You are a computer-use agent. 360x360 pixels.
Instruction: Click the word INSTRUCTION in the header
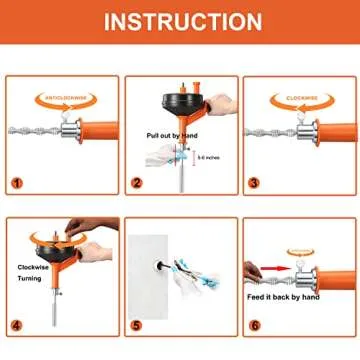(180, 21)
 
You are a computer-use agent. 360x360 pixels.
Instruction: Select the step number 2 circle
(137, 183)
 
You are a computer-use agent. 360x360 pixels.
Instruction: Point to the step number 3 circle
(257, 183)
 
